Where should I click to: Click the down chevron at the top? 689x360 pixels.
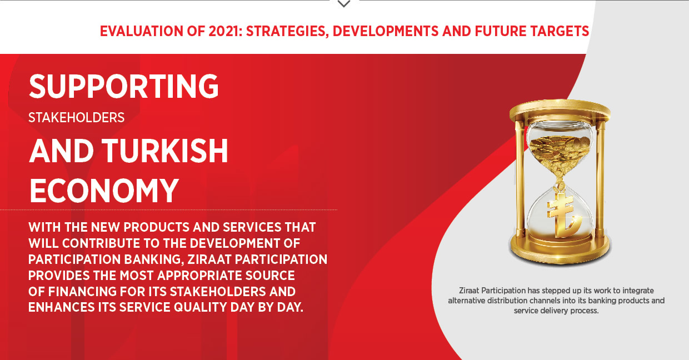tap(343, 4)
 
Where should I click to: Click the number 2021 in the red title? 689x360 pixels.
tap(223, 31)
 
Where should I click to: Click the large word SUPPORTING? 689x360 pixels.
tap(124, 86)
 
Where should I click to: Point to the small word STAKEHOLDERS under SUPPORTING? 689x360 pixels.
tap(76, 118)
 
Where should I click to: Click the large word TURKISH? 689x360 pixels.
tap(165, 151)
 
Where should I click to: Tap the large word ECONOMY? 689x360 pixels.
tap(104, 191)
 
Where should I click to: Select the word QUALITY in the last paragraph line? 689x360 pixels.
tap(200, 307)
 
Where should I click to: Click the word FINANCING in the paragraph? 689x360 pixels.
tap(82, 292)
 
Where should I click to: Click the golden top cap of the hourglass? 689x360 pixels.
tap(560, 110)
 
